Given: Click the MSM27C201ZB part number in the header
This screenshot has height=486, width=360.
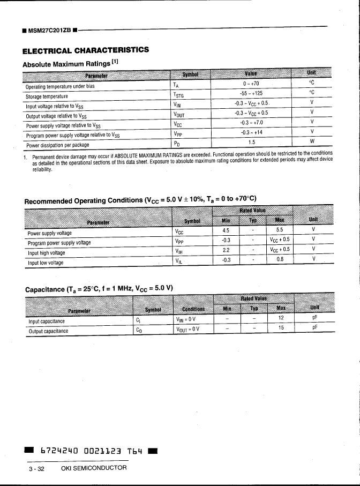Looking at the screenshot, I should pos(50,29).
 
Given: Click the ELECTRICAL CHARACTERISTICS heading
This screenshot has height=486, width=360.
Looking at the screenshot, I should pos(85,50).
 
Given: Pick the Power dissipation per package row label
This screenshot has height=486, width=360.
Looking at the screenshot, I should pos(57,145).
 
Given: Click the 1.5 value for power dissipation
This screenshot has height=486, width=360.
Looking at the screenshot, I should pos(251,143).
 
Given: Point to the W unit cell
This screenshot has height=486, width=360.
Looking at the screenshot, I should pos(312,141).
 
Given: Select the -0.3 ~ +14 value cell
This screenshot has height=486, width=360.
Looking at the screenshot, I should pos(251,133).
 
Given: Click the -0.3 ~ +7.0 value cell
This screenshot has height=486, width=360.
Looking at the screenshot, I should pos(251,123).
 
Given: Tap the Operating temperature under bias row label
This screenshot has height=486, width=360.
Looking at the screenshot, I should pos(60,86).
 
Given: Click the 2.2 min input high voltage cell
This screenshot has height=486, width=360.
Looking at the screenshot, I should pos(226,250).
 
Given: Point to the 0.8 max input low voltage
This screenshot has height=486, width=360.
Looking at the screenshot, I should pos(280,259).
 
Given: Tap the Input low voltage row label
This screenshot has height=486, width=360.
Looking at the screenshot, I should pos(46,263).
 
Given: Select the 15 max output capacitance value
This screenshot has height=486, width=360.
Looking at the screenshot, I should pos(281,327).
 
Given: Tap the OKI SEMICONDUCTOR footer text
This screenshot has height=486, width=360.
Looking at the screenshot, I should pos(94,468).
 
